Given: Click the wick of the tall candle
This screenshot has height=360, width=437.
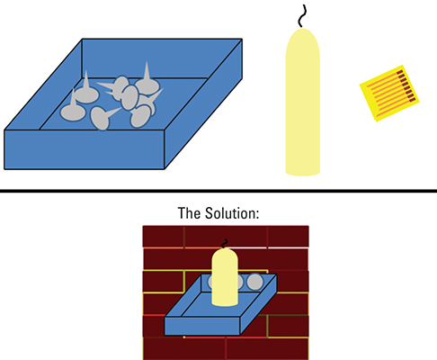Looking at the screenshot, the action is click(x=302, y=16).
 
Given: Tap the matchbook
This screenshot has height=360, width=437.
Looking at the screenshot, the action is click(x=389, y=93).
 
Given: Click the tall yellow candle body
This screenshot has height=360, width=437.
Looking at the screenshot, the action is click(x=303, y=102).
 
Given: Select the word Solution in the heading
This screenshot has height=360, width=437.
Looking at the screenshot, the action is click(x=232, y=213).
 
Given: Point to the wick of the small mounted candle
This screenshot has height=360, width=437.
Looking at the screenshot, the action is click(x=225, y=244).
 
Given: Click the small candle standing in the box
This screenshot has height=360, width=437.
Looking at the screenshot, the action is click(x=225, y=277).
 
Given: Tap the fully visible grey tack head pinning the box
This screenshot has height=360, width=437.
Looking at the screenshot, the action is click(x=254, y=282).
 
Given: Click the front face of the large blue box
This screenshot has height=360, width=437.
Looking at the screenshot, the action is click(x=85, y=149).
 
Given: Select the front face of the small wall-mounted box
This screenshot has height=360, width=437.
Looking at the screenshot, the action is click(x=202, y=326).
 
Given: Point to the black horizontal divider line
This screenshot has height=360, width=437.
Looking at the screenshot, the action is click(x=218, y=191).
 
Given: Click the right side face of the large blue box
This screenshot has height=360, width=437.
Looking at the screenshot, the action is click(x=203, y=103).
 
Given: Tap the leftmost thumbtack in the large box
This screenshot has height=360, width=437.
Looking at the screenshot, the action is click(x=73, y=108).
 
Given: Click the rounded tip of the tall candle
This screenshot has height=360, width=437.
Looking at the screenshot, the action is click(x=303, y=33).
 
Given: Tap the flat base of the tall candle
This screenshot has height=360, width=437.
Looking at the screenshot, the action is click(x=303, y=173).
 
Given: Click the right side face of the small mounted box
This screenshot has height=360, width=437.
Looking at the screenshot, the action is click(x=258, y=303).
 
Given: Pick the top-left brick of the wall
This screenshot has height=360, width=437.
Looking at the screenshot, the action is click(x=164, y=237).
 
